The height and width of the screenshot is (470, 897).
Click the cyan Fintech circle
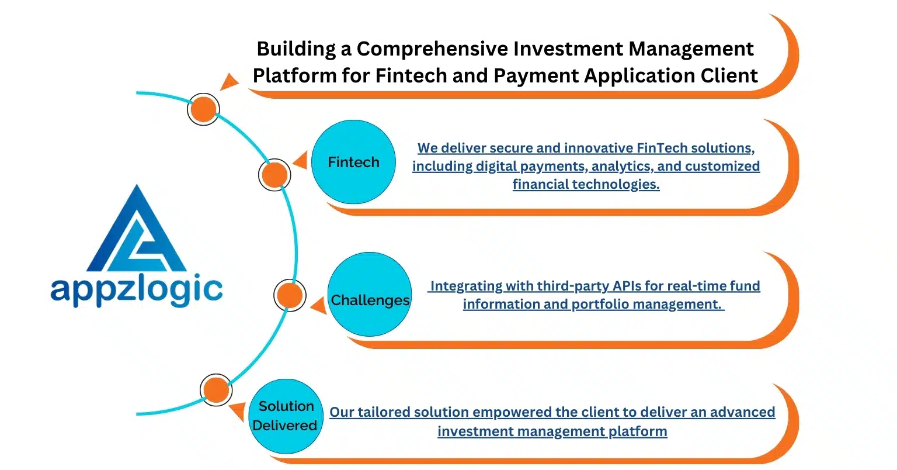click(353, 162)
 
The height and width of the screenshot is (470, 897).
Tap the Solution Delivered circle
click(286, 416)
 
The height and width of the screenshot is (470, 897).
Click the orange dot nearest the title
click(203, 109)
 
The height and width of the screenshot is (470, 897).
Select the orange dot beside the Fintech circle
click(274, 174)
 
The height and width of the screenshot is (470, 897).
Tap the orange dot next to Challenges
click(290, 296)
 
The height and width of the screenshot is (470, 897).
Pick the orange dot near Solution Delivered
click(216, 390)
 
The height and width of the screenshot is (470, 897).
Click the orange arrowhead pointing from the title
click(230, 81)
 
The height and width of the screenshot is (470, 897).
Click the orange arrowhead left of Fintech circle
click(300, 161)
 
